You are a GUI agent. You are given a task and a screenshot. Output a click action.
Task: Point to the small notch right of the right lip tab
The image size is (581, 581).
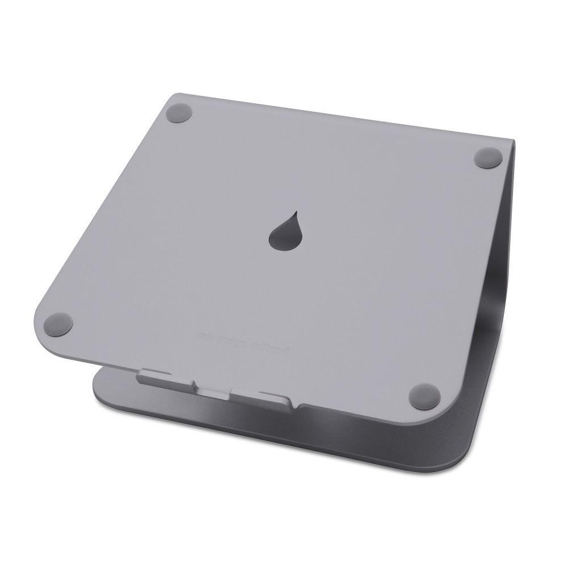(300, 405)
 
